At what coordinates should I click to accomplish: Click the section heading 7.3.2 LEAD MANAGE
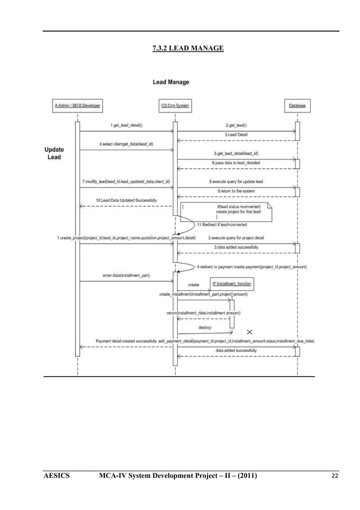point(188,49)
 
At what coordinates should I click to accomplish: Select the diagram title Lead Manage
point(171,82)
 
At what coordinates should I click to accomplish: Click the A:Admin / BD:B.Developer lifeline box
point(77,106)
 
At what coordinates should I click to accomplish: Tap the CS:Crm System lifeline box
point(175,106)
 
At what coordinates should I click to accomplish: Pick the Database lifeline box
point(297,106)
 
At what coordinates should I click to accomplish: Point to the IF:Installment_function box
point(232,282)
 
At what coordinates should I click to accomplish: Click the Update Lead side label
point(55,153)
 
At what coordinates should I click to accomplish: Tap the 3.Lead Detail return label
point(236,134)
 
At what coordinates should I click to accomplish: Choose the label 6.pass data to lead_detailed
point(236,163)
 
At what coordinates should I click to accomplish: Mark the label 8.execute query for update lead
point(236,182)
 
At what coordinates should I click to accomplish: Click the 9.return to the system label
point(236,191)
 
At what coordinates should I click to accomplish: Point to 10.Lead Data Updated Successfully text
point(126,200)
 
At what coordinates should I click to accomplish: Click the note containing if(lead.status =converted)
point(226,211)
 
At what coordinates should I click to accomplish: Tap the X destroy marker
point(249,332)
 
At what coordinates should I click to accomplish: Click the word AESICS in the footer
point(56,476)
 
